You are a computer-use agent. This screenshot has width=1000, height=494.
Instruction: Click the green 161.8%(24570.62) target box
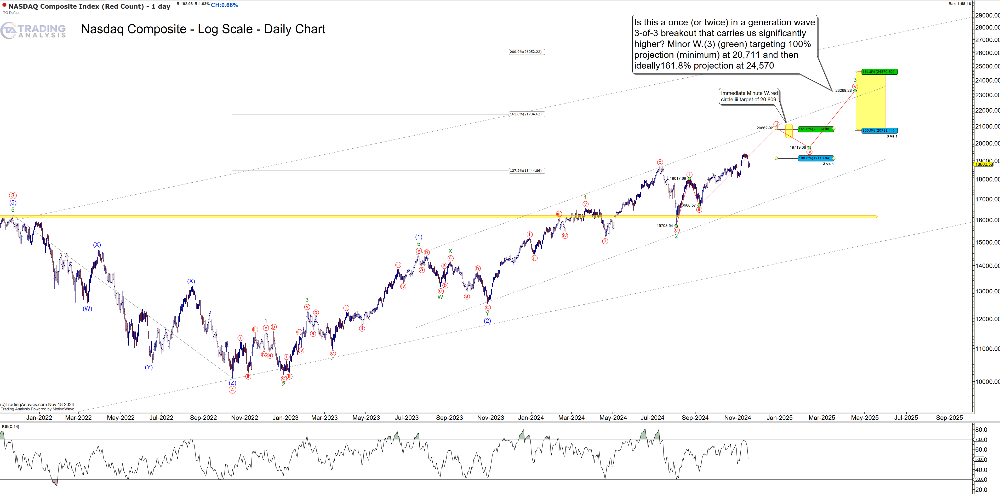879,72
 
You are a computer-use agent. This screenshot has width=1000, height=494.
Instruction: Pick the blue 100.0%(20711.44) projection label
879,131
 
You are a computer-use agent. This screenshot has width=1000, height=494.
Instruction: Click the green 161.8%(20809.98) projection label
815,129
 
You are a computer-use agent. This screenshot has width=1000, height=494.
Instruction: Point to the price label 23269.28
843,90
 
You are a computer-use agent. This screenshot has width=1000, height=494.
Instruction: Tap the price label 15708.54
665,226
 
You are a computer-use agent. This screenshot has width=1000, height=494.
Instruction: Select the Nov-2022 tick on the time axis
244,418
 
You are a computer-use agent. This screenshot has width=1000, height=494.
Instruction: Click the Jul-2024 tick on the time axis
652,418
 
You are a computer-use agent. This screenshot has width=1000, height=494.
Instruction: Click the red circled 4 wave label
232,390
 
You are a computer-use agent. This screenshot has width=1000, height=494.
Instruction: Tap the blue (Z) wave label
232,383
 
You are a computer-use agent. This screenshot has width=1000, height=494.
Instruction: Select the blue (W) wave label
87,309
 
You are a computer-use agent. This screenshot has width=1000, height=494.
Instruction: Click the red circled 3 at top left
13,195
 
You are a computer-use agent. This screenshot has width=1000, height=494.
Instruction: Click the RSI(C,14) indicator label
10,427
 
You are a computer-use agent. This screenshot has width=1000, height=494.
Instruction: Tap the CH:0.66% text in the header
224,5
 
